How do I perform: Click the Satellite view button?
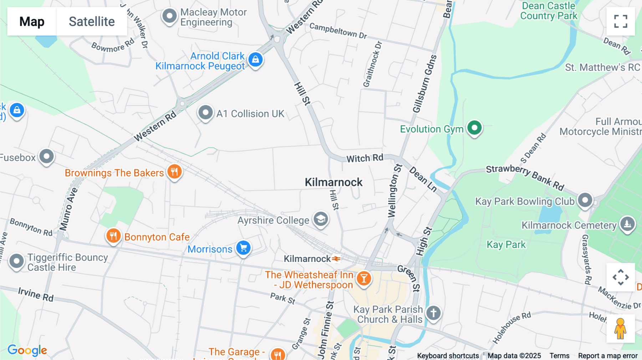click(92, 21)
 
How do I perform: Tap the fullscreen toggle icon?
click(621, 21)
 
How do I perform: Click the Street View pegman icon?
click(620, 329)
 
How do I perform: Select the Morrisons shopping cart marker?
click(244, 248)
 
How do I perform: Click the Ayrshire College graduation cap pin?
click(321, 219)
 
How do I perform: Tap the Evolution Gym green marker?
click(474, 128)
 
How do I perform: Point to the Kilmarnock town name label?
click(333, 182)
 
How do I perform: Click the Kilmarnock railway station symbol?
click(336, 259)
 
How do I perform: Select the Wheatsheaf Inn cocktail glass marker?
click(364, 278)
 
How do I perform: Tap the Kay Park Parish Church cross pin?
click(433, 313)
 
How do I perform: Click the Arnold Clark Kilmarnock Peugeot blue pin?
click(255, 60)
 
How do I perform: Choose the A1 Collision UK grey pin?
click(205, 113)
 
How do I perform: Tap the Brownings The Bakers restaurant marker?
click(174, 172)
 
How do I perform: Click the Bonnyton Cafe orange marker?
click(113, 236)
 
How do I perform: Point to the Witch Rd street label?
click(365, 158)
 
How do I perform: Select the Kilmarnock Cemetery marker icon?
click(627, 224)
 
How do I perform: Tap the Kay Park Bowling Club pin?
click(585, 200)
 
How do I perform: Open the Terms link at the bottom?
click(559, 356)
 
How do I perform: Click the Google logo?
click(27, 350)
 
